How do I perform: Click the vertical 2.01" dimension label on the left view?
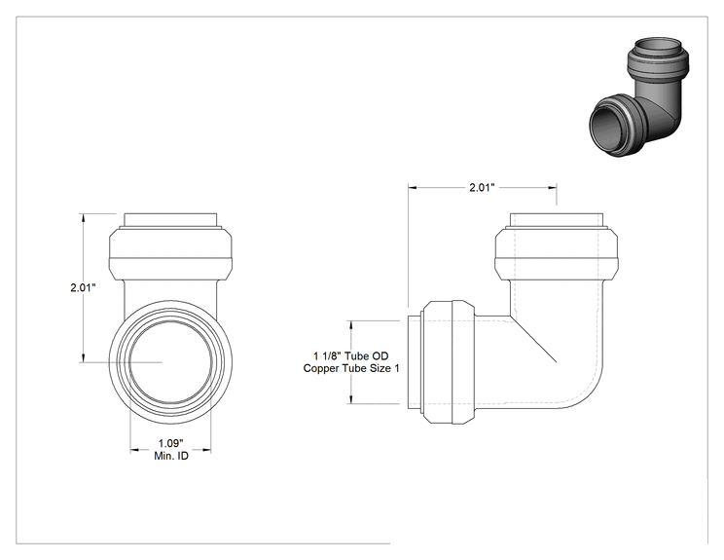point(83,288)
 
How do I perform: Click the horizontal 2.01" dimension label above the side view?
point(482,188)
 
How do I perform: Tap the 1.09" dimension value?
point(171,443)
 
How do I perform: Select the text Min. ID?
point(171,456)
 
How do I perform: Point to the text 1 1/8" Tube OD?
point(351,356)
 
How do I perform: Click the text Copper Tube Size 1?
point(351,368)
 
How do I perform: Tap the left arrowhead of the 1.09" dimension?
point(135,449)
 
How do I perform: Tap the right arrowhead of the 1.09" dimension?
point(206,449)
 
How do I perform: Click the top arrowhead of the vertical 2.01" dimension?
point(83,218)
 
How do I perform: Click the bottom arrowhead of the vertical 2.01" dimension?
point(83,357)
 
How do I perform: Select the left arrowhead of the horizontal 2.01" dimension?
point(414,188)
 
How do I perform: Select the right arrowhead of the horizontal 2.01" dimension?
point(552,188)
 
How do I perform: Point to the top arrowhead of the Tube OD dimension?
point(351,325)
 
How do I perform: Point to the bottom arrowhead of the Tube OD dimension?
point(351,398)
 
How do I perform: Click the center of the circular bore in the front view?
point(171,362)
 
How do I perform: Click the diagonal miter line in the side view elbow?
point(533,339)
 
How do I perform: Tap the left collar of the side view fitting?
point(449,362)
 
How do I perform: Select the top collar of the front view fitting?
point(170,253)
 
